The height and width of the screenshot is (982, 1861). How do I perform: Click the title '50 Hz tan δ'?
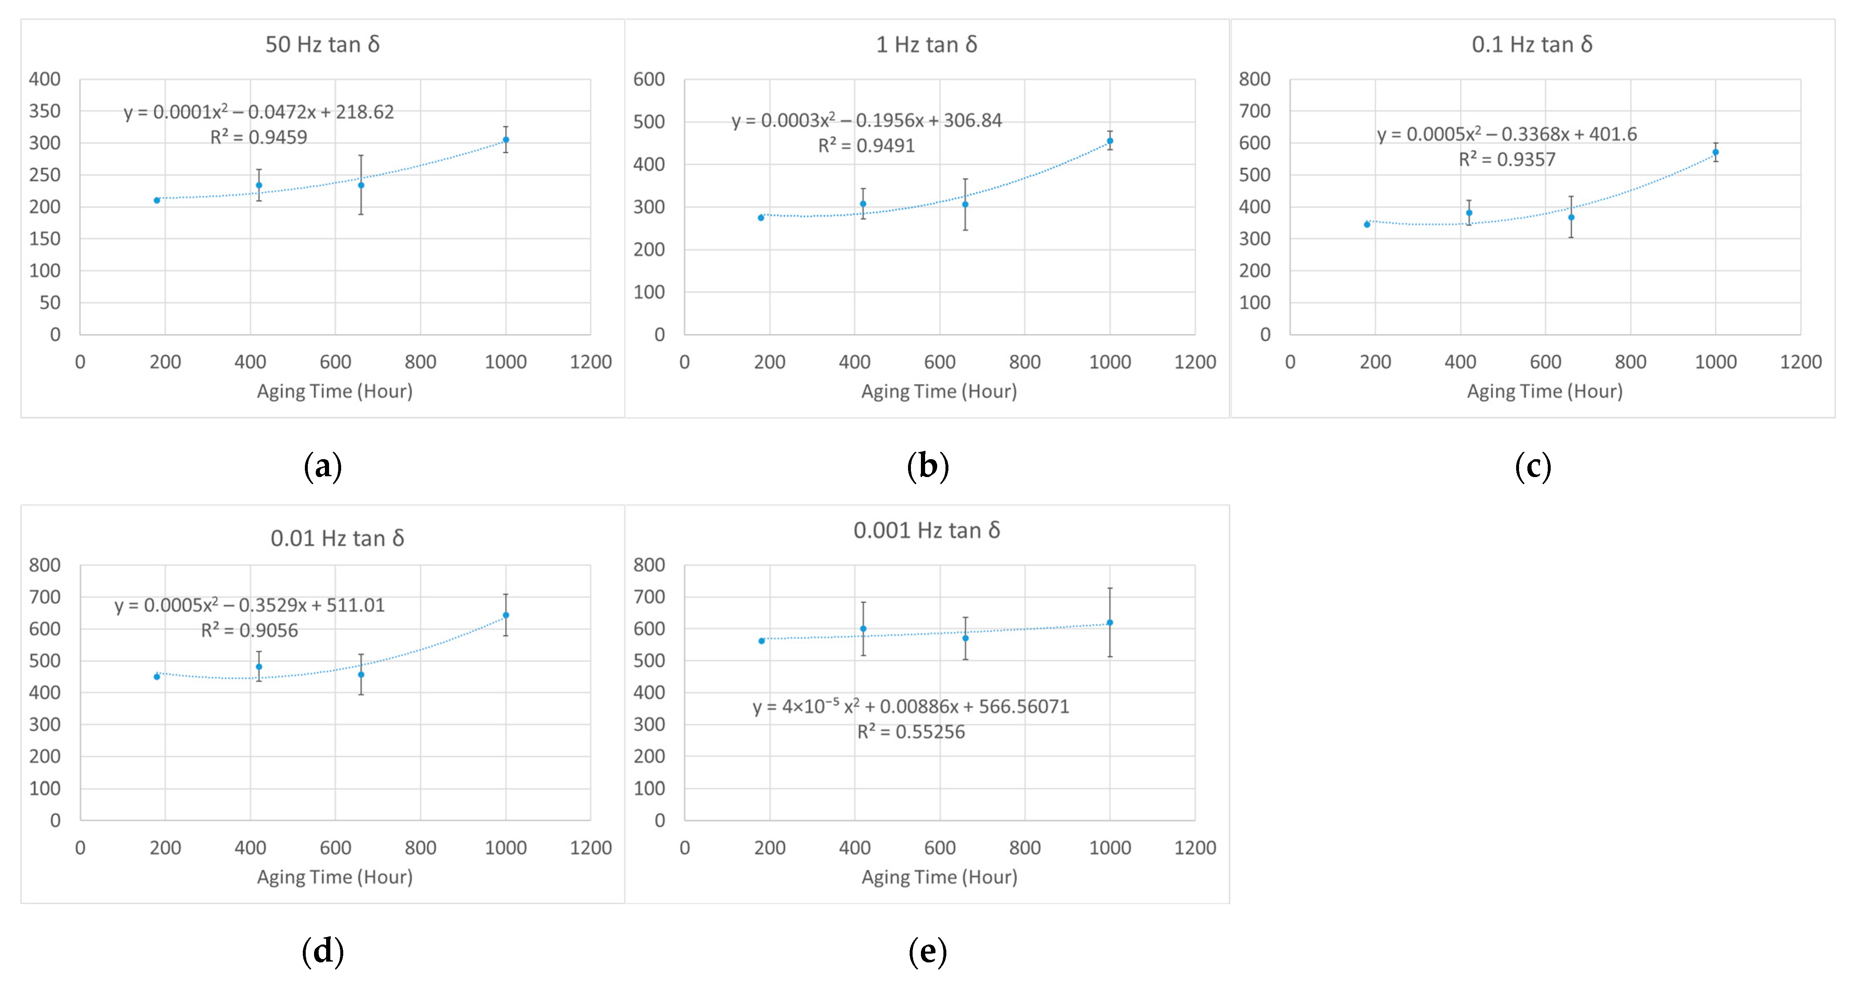click(322, 45)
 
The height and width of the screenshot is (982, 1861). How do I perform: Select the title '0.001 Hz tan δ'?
click(926, 530)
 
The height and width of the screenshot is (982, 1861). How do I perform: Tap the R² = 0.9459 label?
click(259, 137)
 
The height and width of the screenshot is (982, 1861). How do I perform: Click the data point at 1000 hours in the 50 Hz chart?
click(506, 140)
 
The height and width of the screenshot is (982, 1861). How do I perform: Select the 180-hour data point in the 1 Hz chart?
click(761, 217)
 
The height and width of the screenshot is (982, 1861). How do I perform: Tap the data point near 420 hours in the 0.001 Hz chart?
click(863, 629)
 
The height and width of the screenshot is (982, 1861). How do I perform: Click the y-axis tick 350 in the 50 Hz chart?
click(45, 111)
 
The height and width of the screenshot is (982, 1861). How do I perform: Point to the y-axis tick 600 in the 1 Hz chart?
click(649, 80)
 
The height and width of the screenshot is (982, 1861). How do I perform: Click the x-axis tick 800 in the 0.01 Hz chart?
click(420, 847)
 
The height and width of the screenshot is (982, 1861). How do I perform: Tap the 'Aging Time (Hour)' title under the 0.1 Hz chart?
click(1544, 392)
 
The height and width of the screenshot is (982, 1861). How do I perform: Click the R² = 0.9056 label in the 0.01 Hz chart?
click(249, 631)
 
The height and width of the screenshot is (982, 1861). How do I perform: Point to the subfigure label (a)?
click(322, 466)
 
